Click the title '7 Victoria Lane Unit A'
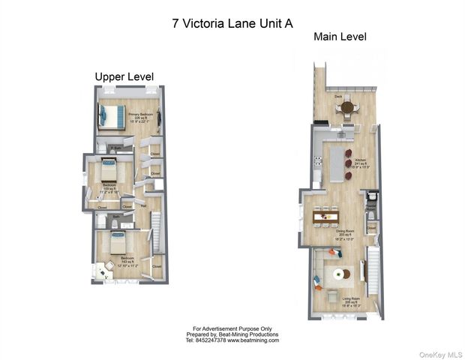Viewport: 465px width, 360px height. point(232,23)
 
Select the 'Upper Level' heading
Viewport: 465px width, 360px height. point(124,76)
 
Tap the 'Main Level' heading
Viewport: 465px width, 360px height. point(339,37)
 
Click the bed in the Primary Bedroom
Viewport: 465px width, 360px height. point(112,116)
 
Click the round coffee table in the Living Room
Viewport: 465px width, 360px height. point(337,274)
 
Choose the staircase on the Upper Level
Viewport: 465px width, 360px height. point(157,232)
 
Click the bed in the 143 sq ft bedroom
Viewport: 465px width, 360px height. point(118,244)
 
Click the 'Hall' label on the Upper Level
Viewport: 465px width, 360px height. point(142,205)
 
